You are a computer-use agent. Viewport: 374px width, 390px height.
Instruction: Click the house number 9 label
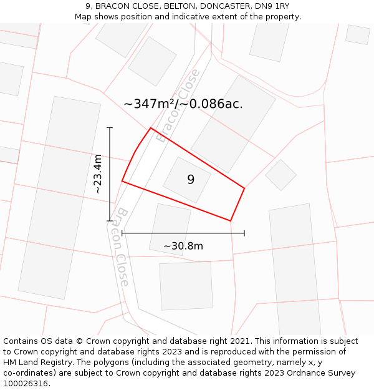tap(191, 180)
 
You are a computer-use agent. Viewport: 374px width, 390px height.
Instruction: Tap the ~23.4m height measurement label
tap(98, 174)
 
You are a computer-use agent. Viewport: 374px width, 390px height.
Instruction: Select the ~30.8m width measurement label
tap(183, 246)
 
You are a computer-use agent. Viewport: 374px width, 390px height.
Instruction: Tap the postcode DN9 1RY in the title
tap(275, 6)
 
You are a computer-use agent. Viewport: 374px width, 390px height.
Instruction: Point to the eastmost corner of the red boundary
tap(244, 188)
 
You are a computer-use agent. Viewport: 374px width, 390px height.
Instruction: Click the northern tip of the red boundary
tap(150, 128)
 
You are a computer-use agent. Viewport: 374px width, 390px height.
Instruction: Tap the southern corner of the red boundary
tap(231, 221)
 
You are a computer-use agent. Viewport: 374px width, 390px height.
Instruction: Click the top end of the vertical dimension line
tap(110, 128)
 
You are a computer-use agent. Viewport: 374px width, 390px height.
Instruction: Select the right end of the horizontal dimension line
tap(244, 233)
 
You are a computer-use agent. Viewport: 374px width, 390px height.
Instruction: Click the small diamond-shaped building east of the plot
tap(281, 175)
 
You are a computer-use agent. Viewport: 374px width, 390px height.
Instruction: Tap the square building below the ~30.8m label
tap(186, 286)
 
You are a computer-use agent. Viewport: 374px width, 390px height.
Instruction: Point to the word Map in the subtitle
tap(84, 16)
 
